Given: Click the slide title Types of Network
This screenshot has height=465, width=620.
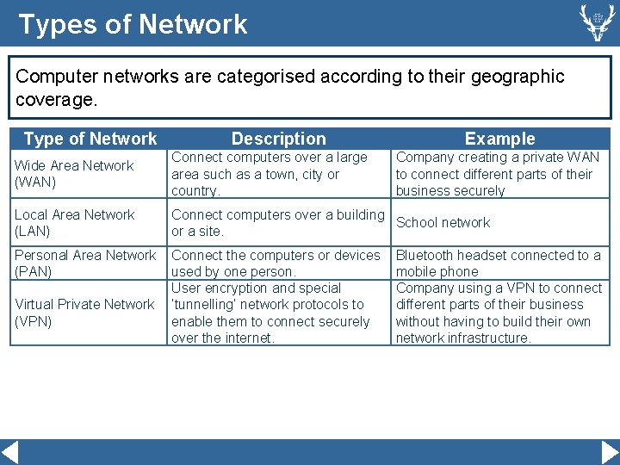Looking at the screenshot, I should click(x=133, y=24).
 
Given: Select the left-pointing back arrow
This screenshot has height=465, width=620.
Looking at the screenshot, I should click(x=10, y=452).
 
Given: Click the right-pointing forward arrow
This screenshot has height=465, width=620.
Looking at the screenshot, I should click(x=610, y=452).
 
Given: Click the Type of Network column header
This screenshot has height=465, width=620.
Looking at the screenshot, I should click(x=90, y=139).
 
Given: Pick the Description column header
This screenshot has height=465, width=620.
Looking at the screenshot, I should click(x=279, y=139).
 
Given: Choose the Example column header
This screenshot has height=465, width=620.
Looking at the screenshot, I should click(x=499, y=139).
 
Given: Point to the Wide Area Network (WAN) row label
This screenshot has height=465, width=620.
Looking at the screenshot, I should click(x=74, y=174).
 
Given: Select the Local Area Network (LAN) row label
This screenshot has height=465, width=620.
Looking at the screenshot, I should click(x=75, y=223).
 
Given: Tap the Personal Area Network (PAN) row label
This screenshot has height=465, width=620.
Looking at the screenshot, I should click(x=85, y=263).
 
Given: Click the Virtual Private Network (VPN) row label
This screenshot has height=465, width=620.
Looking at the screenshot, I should click(x=84, y=313).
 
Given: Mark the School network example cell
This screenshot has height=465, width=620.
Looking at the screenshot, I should click(x=443, y=222).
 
